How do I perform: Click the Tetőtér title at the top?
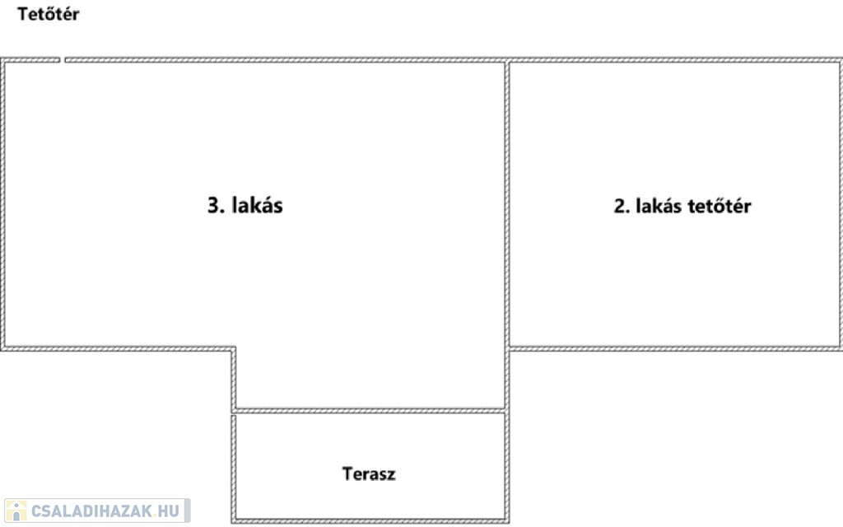click(49, 14)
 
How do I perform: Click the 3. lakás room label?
click(245, 205)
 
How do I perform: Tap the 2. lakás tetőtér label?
click(682, 206)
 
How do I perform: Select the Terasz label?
click(369, 473)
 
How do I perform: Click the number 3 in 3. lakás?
click(212, 205)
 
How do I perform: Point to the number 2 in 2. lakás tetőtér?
click(619, 206)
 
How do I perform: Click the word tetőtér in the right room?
click(720, 206)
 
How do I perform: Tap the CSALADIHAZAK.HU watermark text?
click(105, 511)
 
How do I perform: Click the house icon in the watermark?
click(16, 511)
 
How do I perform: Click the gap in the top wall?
click(63, 59)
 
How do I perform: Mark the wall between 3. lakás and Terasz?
click(369, 410)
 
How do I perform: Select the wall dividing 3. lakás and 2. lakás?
click(506, 206)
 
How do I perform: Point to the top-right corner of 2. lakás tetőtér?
click(840, 60)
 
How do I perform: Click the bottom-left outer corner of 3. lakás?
click(3, 349)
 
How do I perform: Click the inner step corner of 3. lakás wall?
click(234, 349)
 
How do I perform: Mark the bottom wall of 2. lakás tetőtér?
click(675, 348)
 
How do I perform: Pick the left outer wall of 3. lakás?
click(3, 206)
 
